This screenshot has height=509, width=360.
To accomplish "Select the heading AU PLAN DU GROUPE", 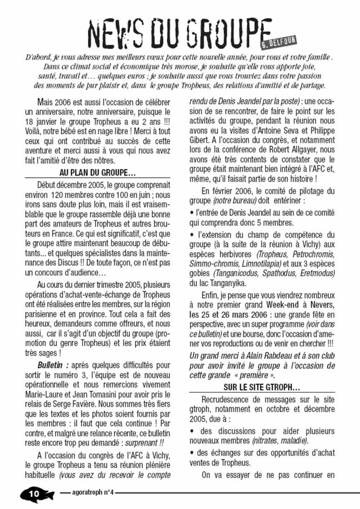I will point(98,172).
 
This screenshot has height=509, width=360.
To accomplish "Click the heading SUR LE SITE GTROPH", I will point(262,388).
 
